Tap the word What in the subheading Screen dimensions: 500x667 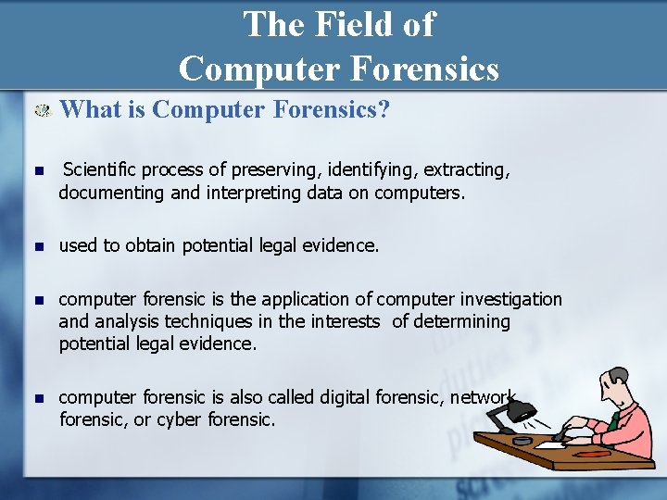coord(90,110)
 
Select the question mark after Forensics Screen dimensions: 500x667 coord(384,110)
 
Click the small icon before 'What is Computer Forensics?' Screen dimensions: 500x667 coord(42,111)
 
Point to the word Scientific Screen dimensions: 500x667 coord(102,171)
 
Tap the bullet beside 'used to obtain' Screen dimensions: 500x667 coord(37,247)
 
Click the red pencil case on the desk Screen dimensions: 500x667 coord(596,453)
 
